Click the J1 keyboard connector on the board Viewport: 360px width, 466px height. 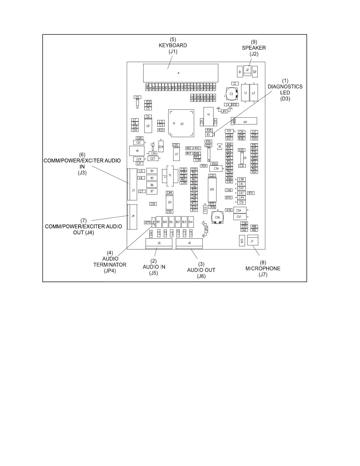tap(180, 72)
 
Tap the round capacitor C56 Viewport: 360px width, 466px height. tap(217, 217)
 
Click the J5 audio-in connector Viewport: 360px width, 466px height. tap(159, 243)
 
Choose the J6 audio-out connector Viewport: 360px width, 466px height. tap(189, 243)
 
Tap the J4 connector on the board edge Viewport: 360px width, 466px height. tap(132, 217)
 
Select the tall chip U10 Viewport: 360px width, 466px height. tap(211, 189)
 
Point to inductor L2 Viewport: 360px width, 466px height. tap(254, 92)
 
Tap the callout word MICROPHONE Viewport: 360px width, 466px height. tap(263, 269)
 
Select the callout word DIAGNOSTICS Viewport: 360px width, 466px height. tap(285, 87)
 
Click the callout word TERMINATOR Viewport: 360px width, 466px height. tap(110, 264)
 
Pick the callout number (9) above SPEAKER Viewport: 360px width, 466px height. tap(254, 42)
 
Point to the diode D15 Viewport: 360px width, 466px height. tap(242, 241)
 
